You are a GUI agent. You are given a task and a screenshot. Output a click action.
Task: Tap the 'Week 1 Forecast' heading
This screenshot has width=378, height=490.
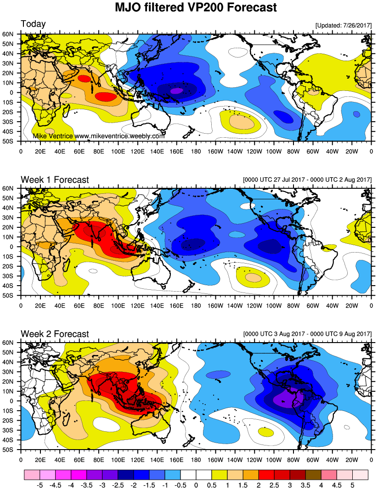pos(55,180)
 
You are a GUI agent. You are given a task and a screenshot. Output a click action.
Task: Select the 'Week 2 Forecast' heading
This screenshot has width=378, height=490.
pos(55,334)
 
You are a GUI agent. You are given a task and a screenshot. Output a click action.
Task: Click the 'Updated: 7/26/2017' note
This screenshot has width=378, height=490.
pos(343,25)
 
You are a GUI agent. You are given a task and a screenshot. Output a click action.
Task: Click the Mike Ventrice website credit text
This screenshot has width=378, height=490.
pos(98,136)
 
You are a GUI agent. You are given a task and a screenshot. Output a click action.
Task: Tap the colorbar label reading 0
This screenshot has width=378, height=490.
pos(196,484)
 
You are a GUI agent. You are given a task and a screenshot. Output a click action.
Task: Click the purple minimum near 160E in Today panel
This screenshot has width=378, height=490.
pos(176,91)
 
